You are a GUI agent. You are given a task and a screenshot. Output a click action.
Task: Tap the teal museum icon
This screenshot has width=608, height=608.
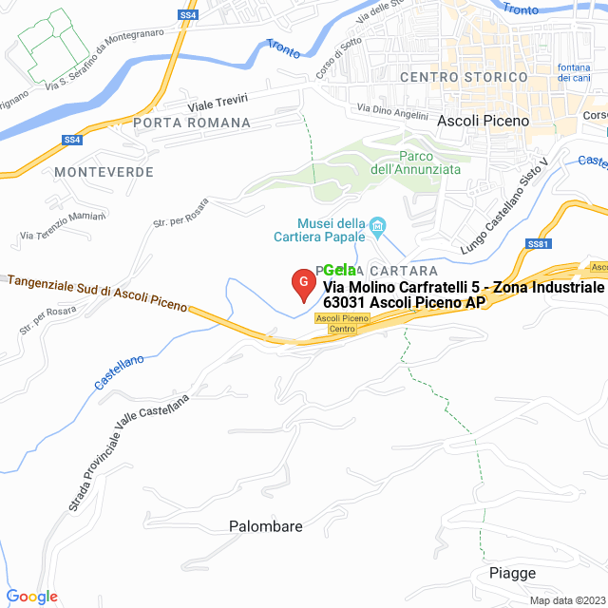point(377,225)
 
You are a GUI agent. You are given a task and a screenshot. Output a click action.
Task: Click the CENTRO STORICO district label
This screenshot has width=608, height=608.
point(464,76)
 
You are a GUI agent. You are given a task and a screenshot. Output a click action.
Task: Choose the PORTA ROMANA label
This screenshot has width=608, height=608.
point(192,123)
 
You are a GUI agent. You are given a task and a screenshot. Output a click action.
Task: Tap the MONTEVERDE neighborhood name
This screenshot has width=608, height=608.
point(104,171)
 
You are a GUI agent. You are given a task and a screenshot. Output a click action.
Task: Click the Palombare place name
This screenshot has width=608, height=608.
point(266,525)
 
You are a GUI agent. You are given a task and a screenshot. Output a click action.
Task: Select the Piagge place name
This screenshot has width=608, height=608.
point(512,573)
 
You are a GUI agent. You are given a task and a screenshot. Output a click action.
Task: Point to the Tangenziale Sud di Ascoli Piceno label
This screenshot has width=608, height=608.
point(97,294)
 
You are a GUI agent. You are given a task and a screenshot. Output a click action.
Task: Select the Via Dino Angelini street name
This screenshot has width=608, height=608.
point(392,112)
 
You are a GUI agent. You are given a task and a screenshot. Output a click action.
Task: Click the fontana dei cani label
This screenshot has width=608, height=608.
point(575,71)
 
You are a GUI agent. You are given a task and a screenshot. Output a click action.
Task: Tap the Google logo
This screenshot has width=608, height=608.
point(31,597)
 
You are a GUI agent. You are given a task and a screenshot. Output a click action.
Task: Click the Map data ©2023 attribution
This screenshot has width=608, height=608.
point(567,600)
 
